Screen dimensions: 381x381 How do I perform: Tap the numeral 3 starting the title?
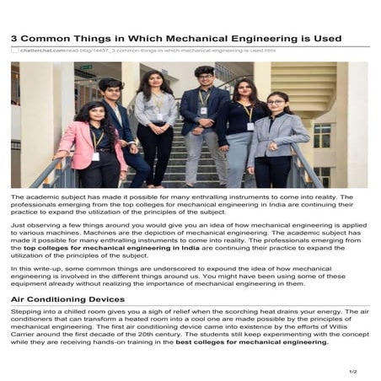[15, 39]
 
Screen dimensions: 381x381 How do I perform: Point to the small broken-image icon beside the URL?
[14, 51]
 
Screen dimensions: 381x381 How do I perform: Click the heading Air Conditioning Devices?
[67, 299]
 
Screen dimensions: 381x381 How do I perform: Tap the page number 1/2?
[352, 371]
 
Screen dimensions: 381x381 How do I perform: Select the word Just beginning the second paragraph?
[18, 226]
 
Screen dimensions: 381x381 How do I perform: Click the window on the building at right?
[322, 134]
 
